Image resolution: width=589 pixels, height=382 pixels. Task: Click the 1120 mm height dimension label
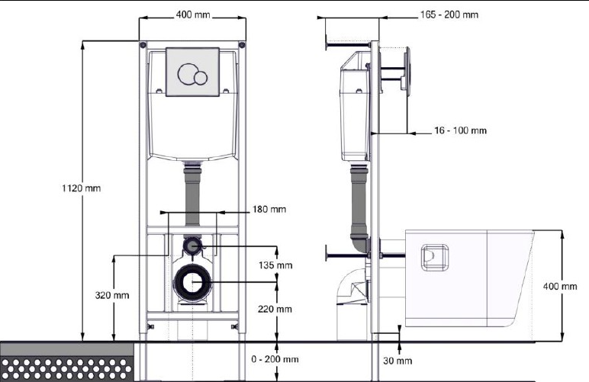tap(82, 188)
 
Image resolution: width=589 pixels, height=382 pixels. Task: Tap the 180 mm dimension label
tap(269, 209)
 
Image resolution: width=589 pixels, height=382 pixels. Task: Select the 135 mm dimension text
tap(275, 265)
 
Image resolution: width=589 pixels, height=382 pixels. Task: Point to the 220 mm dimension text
tap(275, 310)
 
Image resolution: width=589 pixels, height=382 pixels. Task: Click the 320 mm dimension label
tap(112, 295)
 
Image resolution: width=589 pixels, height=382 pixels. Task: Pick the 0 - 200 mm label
tap(275, 359)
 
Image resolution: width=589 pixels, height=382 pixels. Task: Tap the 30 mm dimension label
tap(397, 361)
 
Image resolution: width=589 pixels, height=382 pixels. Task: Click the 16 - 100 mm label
tap(461, 130)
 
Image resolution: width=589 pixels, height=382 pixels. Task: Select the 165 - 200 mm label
tap(449, 14)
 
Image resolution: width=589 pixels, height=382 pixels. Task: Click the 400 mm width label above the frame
tap(193, 15)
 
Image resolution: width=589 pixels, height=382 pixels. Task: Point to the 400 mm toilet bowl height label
tap(560, 287)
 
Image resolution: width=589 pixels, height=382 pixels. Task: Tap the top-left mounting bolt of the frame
tap(143, 45)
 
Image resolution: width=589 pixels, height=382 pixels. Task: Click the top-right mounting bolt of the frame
tap(242, 45)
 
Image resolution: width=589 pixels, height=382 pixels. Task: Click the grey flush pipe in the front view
tap(192, 196)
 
